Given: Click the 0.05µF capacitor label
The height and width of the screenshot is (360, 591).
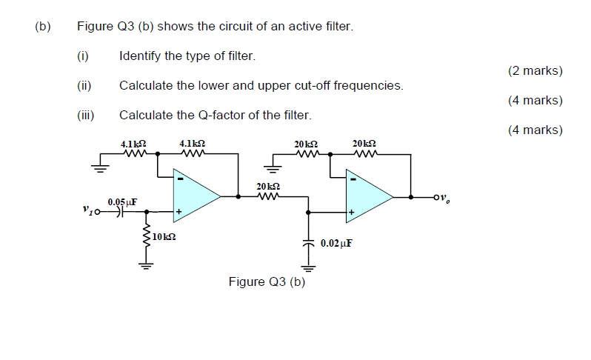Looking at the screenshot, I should click(x=122, y=201).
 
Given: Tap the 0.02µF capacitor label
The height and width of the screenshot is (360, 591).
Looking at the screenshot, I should click(x=336, y=242).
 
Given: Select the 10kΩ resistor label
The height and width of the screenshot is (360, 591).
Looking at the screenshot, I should click(x=164, y=237).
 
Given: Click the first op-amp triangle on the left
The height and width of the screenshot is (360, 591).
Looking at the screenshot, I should click(x=193, y=196).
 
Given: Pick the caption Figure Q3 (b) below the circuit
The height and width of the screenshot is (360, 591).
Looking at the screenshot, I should click(x=267, y=281).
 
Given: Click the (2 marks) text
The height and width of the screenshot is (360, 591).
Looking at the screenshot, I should click(x=535, y=71).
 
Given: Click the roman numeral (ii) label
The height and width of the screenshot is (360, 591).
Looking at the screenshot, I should click(x=83, y=86).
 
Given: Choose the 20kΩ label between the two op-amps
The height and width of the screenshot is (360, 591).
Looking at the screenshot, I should click(x=267, y=186).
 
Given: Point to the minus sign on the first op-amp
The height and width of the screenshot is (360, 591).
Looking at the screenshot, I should click(x=178, y=179).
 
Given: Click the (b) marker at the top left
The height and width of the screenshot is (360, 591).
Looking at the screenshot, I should click(x=42, y=27).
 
